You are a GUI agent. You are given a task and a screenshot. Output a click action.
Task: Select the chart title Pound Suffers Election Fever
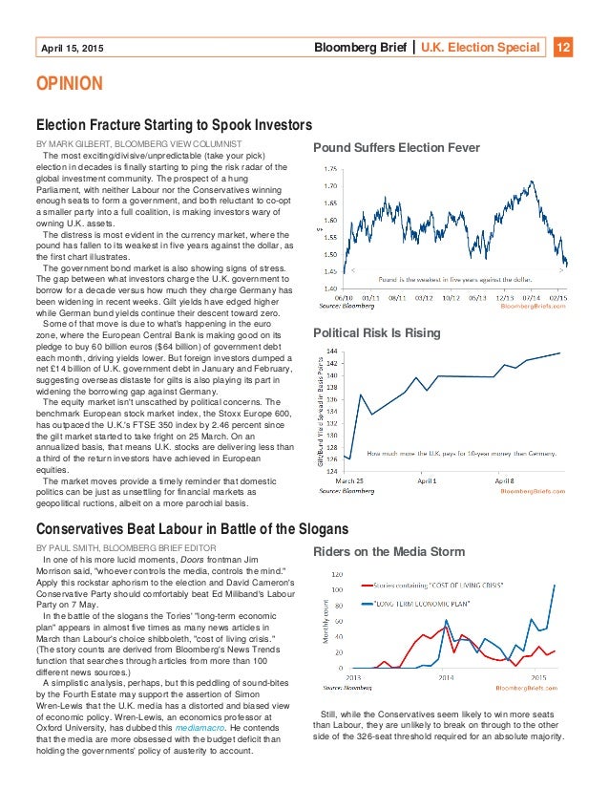(x=384, y=148)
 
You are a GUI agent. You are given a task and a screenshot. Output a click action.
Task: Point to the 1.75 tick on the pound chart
(x=330, y=168)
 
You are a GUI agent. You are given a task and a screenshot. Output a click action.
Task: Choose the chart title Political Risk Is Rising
(x=377, y=332)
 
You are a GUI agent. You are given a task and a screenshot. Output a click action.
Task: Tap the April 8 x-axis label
(x=504, y=480)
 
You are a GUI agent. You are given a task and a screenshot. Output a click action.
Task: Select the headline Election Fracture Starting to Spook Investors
(x=174, y=125)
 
